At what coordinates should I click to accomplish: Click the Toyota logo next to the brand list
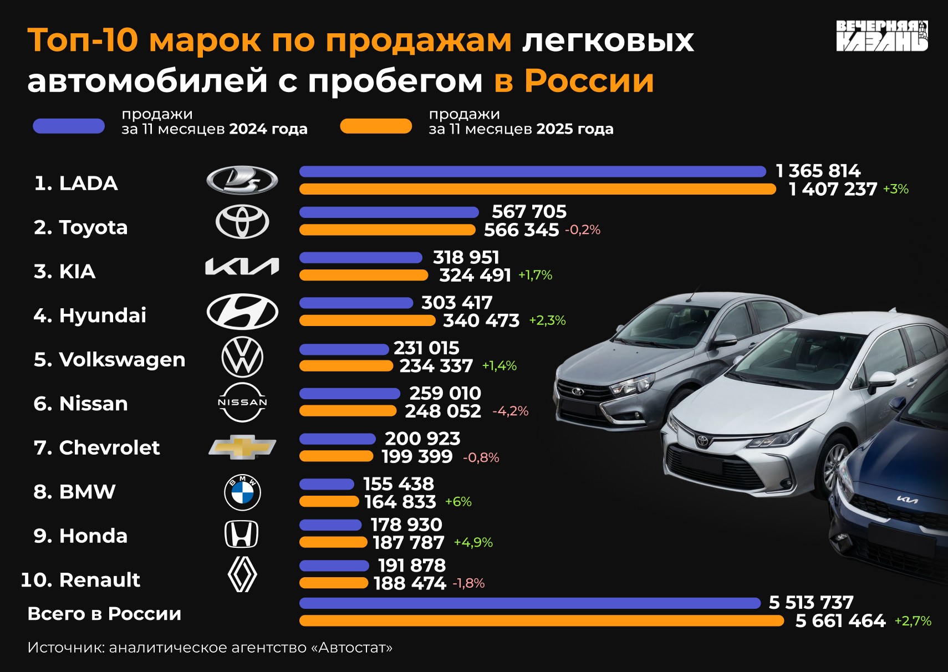pyautogui.click(x=242, y=222)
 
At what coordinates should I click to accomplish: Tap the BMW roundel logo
pyautogui.click(x=242, y=492)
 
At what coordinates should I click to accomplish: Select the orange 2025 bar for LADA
pyautogui.click(x=537, y=190)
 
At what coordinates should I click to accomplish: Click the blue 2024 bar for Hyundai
pyautogui.click(x=356, y=303)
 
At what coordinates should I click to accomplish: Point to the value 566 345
pyautogui.click(x=521, y=230)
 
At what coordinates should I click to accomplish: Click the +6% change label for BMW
pyautogui.click(x=458, y=502)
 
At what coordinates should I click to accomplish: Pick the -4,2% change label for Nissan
pyautogui.click(x=510, y=411)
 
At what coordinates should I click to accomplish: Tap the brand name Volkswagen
pyautogui.click(x=122, y=360)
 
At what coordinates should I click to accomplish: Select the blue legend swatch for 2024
pyautogui.click(x=69, y=126)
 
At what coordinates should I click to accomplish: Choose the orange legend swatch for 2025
pyautogui.click(x=376, y=126)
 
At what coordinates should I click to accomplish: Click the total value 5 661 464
pyautogui.click(x=840, y=621)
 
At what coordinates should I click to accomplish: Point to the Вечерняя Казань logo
pyautogui.click(x=881, y=36)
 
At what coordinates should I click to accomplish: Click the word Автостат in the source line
pyautogui.click(x=355, y=648)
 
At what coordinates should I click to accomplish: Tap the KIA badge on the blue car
pyautogui.click(x=908, y=500)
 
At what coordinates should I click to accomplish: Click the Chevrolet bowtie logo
pyautogui.click(x=242, y=447)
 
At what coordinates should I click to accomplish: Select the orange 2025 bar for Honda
pyautogui.click(x=333, y=542)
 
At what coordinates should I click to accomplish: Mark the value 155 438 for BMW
pyautogui.click(x=399, y=484)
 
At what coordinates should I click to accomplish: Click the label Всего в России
pyautogui.click(x=104, y=614)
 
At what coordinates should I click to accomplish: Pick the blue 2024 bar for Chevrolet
pyautogui.click(x=338, y=439)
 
